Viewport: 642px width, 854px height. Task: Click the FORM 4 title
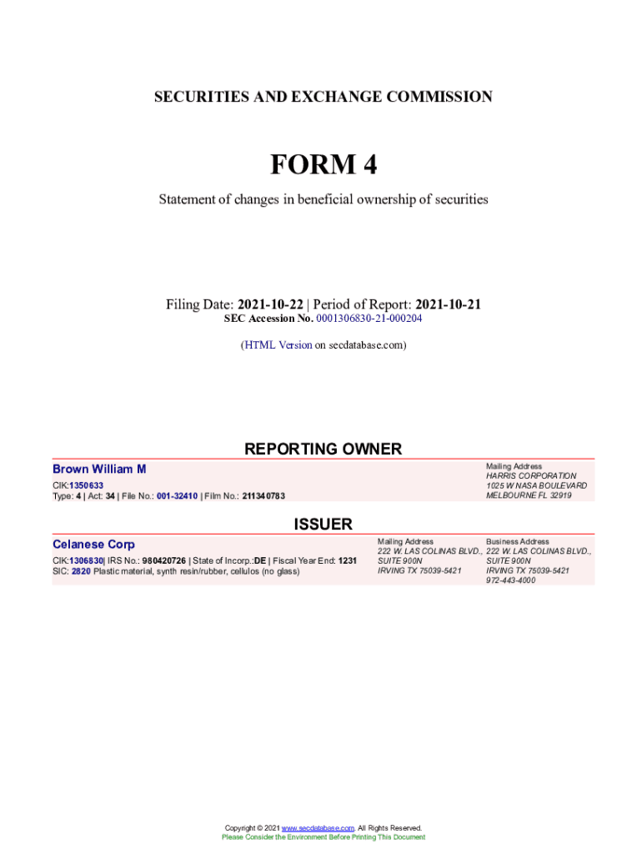coord(323,165)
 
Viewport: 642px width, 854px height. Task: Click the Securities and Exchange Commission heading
coord(323,97)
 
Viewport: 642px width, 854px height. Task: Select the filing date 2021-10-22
coord(270,304)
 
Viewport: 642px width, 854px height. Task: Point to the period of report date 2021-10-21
coord(448,304)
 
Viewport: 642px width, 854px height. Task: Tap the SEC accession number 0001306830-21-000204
coord(369,319)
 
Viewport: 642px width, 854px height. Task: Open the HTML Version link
coord(278,344)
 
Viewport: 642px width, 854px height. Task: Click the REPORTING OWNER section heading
coord(323,449)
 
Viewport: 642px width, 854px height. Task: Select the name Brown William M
coord(99,470)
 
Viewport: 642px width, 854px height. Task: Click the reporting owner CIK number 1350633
coord(86,485)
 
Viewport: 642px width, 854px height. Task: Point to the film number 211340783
coord(263,496)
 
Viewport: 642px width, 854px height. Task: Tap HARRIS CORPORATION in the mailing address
coord(531,475)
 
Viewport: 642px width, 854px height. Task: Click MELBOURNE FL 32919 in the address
coord(529,495)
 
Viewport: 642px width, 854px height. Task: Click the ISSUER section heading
coord(323,524)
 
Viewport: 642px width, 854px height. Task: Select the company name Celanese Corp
coord(93,545)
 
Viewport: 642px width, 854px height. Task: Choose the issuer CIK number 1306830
coord(86,560)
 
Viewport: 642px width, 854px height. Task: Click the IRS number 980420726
coord(163,560)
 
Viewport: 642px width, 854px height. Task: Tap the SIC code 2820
coord(81,571)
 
